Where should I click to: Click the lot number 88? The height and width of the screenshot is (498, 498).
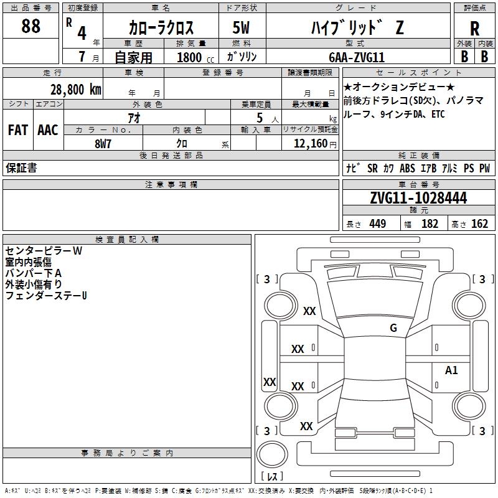31,27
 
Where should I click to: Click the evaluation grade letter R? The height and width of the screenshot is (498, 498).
474,28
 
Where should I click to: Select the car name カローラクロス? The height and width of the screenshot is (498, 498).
161,28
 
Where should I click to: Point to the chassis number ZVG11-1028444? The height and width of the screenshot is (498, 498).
418,198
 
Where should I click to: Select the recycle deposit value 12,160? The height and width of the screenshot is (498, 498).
309,144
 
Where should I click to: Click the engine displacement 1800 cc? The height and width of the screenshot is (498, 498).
195,57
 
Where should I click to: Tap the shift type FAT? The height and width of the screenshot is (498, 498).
17,130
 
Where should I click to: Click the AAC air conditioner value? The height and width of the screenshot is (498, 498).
48,130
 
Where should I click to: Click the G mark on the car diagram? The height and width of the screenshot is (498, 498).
393,328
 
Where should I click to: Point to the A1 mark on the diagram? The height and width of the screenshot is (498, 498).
451,370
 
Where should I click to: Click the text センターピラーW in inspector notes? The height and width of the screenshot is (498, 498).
43,251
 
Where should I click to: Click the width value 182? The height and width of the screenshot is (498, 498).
430,224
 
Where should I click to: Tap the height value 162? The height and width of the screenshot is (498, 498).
479,224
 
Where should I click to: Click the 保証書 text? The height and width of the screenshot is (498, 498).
21,168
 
